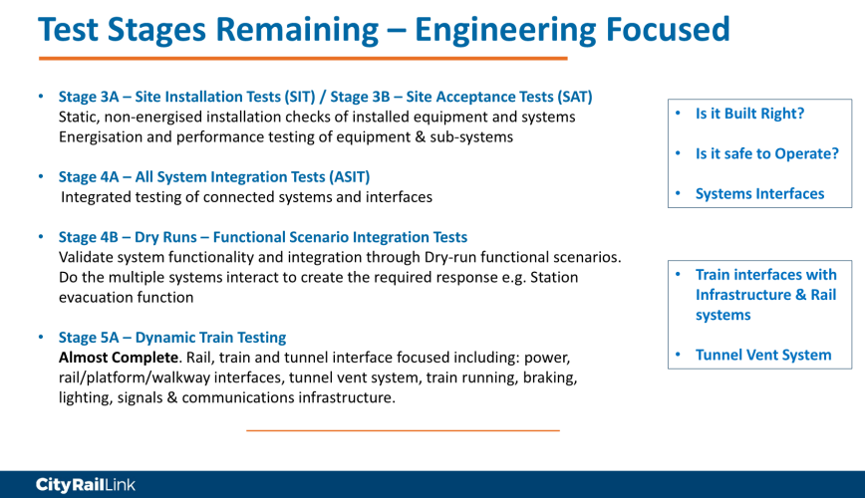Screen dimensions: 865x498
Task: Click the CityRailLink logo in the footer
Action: [x=86, y=485]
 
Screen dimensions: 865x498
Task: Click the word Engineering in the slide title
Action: [x=505, y=30]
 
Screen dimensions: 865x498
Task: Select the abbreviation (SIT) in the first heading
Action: [x=300, y=97]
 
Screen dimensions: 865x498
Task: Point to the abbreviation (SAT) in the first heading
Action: [x=575, y=97]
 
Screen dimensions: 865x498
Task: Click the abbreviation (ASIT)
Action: [x=350, y=177]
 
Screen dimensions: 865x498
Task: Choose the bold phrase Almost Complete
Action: [x=119, y=358]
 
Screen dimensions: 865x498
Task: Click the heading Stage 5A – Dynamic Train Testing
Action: [x=172, y=338]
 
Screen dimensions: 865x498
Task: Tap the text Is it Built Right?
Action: [x=749, y=114]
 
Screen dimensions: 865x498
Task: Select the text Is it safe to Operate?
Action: [x=766, y=153]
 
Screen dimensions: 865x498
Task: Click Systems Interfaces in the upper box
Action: [x=759, y=194]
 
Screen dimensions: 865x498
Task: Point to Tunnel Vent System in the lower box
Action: [x=763, y=356]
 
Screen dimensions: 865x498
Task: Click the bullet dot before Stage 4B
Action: [x=41, y=237]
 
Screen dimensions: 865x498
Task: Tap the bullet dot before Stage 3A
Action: [x=41, y=96]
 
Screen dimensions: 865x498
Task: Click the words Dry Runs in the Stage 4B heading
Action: [x=165, y=237]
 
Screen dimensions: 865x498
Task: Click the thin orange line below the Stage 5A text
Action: [x=403, y=430]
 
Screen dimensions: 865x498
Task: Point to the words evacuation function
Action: [x=127, y=297]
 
